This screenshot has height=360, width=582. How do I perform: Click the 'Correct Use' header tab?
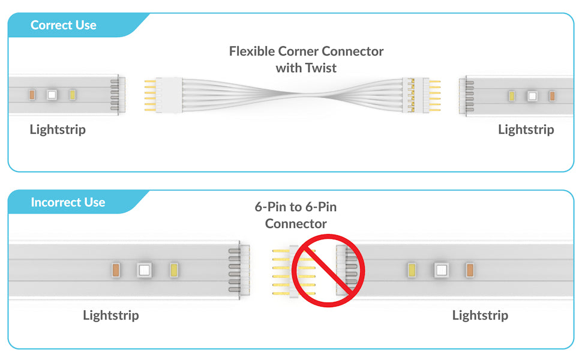click(64, 25)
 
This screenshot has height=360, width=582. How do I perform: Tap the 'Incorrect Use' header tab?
click(68, 203)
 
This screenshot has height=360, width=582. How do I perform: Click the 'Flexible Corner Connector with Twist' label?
click(306, 59)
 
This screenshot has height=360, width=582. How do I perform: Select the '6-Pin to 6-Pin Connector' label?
click(296, 215)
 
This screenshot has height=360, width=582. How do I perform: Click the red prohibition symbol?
click(328, 271)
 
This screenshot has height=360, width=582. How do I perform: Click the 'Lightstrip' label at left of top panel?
click(58, 130)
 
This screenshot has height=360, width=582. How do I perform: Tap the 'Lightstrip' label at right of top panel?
click(526, 130)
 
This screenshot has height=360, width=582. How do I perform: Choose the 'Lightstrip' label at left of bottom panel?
click(111, 315)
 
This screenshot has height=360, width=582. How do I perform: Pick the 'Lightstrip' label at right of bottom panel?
click(480, 315)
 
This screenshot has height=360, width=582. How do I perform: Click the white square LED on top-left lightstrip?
click(52, 95)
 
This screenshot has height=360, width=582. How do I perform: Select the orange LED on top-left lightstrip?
click(31, 95)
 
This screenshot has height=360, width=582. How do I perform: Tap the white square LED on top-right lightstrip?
click(532, 95)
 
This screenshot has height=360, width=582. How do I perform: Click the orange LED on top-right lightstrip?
click(552, 95)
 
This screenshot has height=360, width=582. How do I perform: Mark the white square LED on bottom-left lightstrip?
click(143, 270)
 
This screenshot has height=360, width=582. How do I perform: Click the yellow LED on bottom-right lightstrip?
click(412, 271)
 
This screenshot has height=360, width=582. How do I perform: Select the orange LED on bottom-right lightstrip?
click(470, 271)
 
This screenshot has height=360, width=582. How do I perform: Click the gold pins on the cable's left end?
click(150, 95)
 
